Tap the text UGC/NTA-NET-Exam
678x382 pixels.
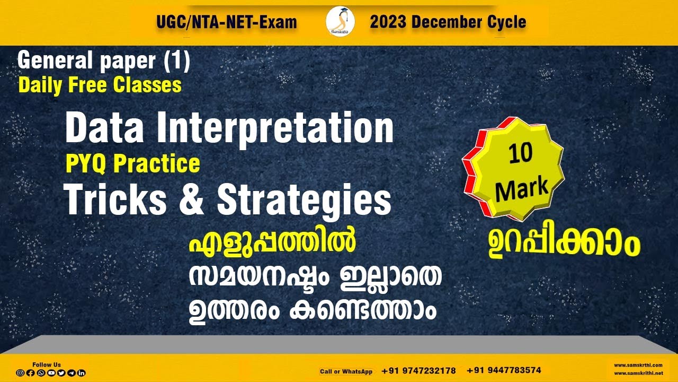[227, 22]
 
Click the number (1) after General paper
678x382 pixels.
[176, 62]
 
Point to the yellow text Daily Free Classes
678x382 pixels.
[100, 85]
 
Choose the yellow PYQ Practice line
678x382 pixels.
[132, 164]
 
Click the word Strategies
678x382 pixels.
[304, 201]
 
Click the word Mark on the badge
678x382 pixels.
[522, 187]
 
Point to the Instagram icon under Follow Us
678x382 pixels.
[20, 373]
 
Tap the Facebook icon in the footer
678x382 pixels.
[30, 373]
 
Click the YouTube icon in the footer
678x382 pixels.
[51, 373]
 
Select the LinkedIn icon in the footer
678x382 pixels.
[82, 373]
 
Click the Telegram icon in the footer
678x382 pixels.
[72, 373]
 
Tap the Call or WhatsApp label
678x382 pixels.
[346, 371]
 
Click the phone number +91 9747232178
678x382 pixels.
[418, 371]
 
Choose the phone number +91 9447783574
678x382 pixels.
[504, 370]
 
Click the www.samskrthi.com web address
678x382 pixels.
[638, 365]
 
